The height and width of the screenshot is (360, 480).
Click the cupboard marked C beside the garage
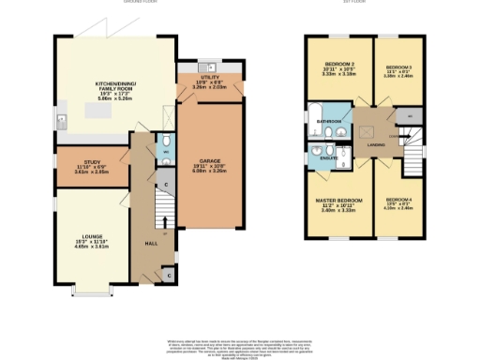coord(166,185)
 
